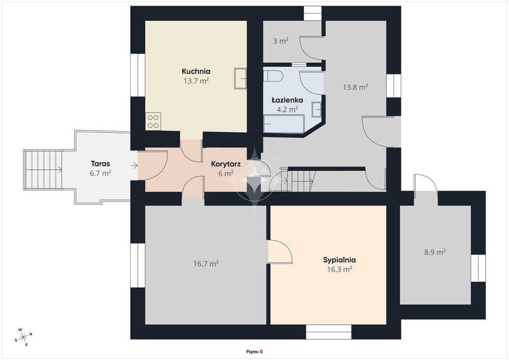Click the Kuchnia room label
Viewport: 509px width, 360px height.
point(196,72)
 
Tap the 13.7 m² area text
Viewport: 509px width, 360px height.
point(196,81)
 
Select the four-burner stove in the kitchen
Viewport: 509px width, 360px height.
point(153,121)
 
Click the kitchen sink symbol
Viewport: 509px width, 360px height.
point(241,78)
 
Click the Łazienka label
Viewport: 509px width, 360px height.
point(287,100)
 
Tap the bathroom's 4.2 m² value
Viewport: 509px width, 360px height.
point(287,109)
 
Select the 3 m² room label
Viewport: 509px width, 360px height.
point(281,41)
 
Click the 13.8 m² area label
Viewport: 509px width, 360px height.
point(355,87)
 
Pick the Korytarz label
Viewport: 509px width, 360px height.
point(226,164)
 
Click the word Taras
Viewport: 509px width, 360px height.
point(100,164)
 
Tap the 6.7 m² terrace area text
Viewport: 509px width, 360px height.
point(100,173)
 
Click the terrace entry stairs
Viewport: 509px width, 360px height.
point(43,170)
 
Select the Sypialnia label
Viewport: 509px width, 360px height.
point(339,260)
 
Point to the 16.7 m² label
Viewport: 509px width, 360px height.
point(206,264)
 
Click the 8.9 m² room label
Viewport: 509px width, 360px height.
point(435,252)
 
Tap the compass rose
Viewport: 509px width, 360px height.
point(23,337)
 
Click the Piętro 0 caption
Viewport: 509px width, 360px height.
point(254,352)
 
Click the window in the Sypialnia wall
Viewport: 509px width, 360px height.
point(329,332)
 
